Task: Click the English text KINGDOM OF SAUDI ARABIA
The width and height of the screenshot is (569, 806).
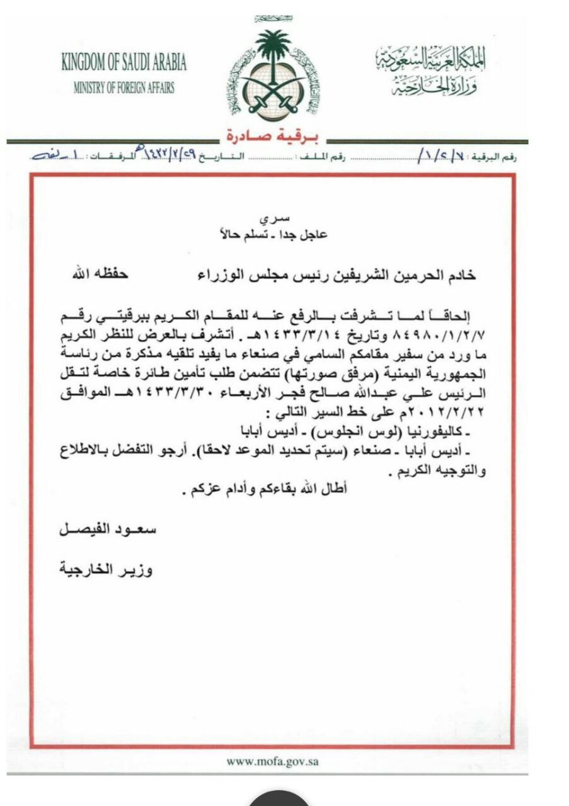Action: [124, 64]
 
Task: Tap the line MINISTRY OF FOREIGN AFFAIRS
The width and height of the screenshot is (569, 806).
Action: [124, 88]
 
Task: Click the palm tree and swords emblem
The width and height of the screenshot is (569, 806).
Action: [273, 74]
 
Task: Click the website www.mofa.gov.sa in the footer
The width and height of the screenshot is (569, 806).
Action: [273, 761]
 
